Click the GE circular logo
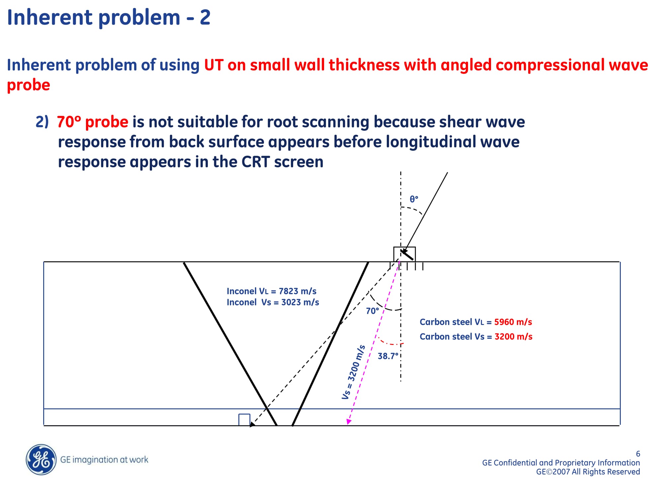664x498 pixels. pyautogui.click(x=41, y=459)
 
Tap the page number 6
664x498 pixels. pyautogui.click(x=638, y=454)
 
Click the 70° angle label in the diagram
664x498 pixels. pyautogui.click(x=373, y=311)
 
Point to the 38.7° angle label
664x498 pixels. pyautogui.click(x=388, y=356)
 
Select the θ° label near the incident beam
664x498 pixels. pyautogui.click(x=414, y=199)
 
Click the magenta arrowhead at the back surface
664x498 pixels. pyautogui.click(x=349, y=421)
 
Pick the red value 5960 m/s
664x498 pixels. pyautogui.click(x=513, y=322)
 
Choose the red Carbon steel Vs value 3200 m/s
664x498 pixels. pyautogui.click(x=513, y=336)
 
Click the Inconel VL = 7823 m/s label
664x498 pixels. pyautogui.click(x=271, y=291)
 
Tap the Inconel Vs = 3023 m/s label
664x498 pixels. pyautogui.click(x=273, y=302)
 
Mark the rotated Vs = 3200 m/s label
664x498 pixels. pyautogui.click(x=354, y=372)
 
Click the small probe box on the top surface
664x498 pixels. pyautogui.click(x=404, y=254)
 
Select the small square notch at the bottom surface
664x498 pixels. pyautogui.click(x=244, y=420)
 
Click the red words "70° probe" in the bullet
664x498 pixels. pyautogui.click(x=92, y=122)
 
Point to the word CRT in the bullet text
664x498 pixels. pyautogui.click(x=255, y=162)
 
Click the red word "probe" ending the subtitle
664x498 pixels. pyautogui.click(x=29, y=85)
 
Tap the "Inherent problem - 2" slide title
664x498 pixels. pyautogui.click(x=109, y=17)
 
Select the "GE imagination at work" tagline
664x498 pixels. pyautogui.click(x=104, y=459)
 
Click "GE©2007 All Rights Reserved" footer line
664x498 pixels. pyautogui.click(x=588, y=472)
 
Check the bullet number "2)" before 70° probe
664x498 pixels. pyautogui.click(x=42, y=122)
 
